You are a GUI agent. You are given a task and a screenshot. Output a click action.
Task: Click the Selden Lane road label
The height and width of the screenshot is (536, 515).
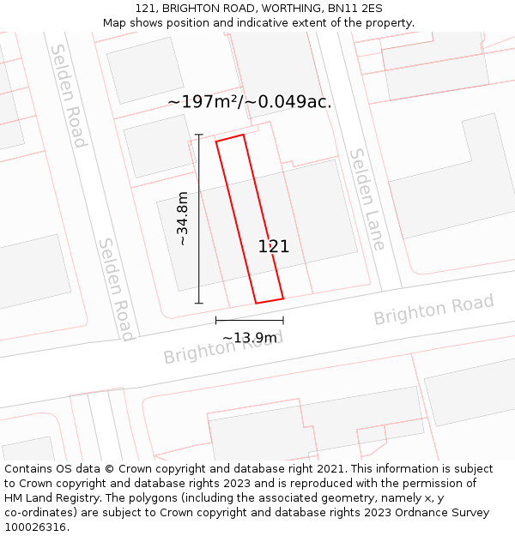[x=367, y=200]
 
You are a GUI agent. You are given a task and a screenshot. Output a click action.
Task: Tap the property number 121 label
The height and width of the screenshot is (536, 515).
[x=274, y=247]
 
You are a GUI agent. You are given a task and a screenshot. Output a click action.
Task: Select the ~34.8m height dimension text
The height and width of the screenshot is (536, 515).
[x=182, y=219]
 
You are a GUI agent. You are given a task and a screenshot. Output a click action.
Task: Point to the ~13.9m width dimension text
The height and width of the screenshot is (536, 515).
[x=250, y=338]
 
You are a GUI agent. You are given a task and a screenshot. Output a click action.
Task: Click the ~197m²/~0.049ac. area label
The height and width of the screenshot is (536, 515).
[x=250, y=102]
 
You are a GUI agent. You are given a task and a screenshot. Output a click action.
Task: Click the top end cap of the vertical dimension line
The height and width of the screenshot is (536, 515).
[x=199, y=135]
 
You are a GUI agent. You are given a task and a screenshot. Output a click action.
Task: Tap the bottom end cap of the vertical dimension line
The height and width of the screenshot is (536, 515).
[x=199, y=303]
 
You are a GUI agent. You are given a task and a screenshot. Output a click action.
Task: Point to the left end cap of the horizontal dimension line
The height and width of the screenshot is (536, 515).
[x=215, y=321]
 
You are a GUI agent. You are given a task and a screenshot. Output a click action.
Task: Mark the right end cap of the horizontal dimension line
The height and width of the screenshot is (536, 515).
[x=283, y=321]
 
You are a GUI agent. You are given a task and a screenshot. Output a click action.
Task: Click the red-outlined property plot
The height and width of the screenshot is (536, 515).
[x=249, y=219]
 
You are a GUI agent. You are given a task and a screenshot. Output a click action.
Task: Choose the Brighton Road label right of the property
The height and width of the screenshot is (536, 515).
[x=433, y=309]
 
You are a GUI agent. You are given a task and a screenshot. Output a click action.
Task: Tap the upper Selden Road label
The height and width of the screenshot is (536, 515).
[x=68, y=96]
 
